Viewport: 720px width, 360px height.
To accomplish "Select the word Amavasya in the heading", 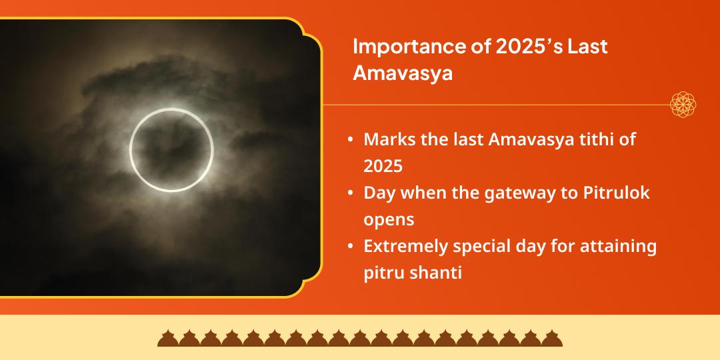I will tap(403, 73).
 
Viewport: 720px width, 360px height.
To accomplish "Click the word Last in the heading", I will tap(588, 48).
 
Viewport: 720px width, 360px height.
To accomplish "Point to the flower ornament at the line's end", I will tap(683, 105).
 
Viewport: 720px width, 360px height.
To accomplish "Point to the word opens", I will tap(389, 219).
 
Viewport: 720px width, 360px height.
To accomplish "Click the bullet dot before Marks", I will tap(351, 141).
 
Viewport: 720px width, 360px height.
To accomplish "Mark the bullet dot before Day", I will tap(351, 194).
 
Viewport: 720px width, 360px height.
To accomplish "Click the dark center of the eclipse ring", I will tap(171, 150).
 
